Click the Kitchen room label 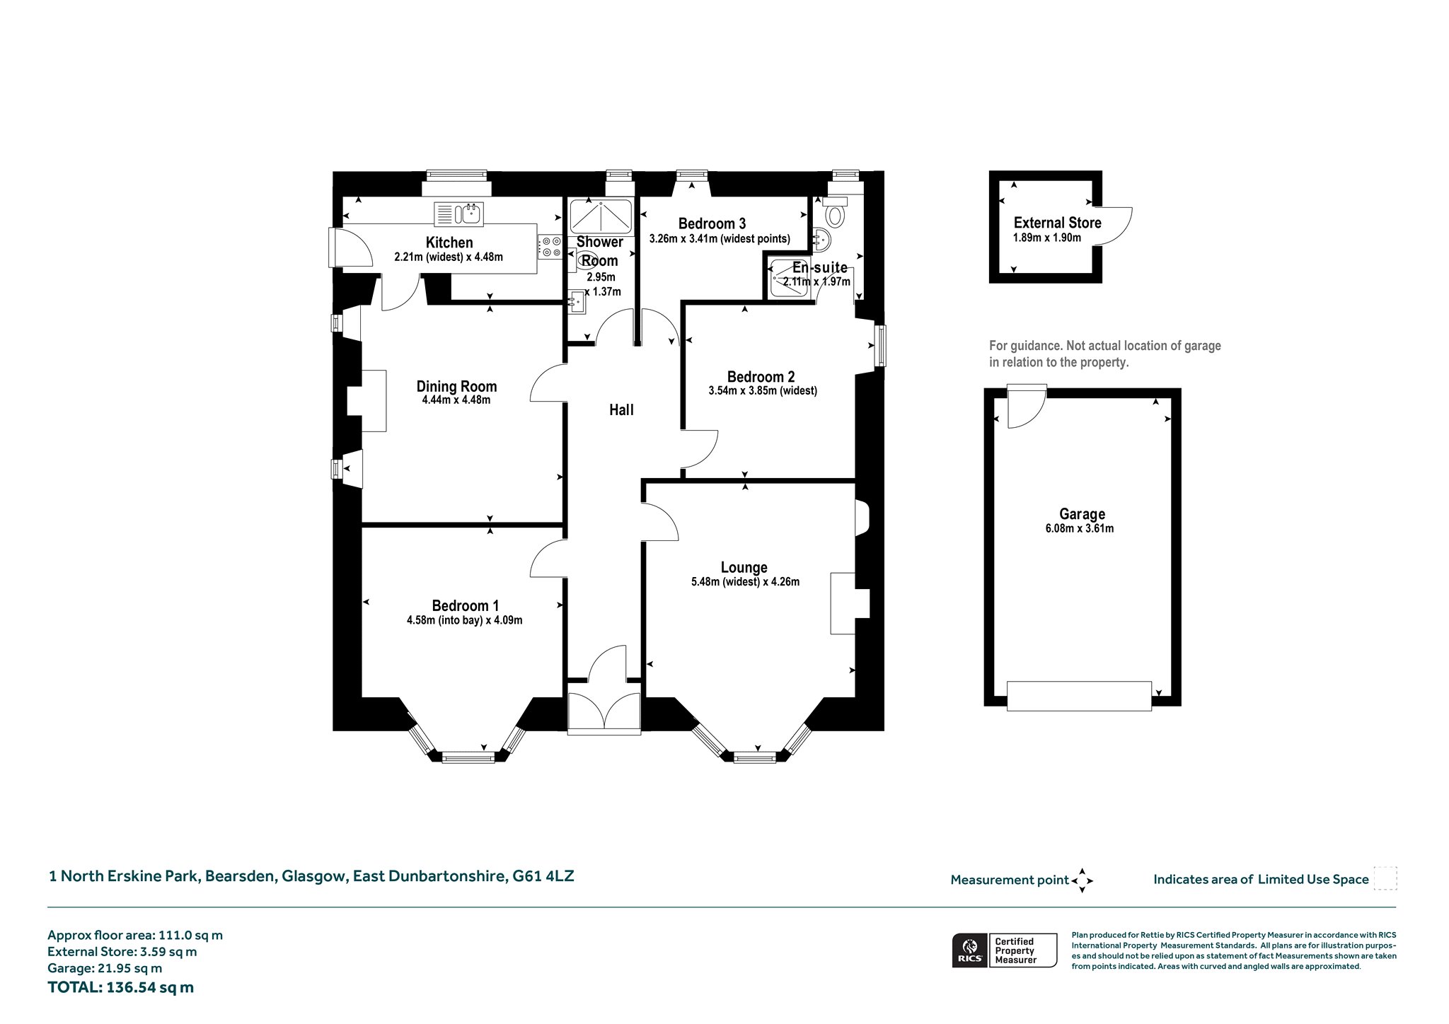pyautogui.click(x=449, y=243)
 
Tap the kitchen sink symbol pyautogui.click(x=458, y=213)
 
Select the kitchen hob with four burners pyautogui.click(x=550, y=246)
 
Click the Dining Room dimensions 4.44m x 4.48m pyautogui.click(x=456, y=400)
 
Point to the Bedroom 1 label pyautogui.click(x=466, y=605)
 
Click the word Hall pyautogui.click(x=621, y=409)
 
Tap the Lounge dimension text pyautogui.click(x=745, y=582)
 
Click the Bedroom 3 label pyautogui.click(x=712, y=224)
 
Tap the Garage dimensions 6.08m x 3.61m pyautogui.click(x=1080, y=528)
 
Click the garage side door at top pyautogui.click(x=1027, y=407)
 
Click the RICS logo pyautogui.click(x=969, y=950)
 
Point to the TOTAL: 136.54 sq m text pyautogui.click(x=120, y=987)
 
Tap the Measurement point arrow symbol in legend pyautogui.click(x=1083, y=880)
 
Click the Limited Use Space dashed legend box pyautogui.click(x=1385, y=878)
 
